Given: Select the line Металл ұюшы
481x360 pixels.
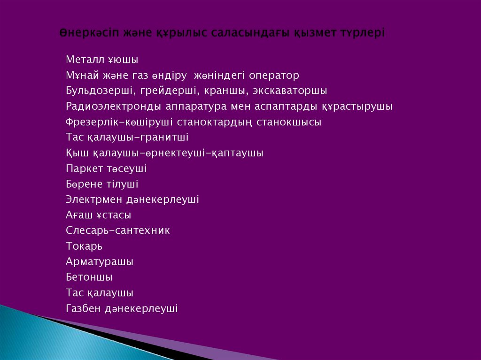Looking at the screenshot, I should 102,60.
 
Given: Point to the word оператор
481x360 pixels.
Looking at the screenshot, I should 274,76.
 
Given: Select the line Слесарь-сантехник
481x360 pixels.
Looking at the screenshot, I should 118,230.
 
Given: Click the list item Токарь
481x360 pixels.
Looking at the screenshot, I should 84,246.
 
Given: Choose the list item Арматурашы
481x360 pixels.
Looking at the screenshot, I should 100,261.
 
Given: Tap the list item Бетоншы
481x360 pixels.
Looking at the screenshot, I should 89,277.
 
